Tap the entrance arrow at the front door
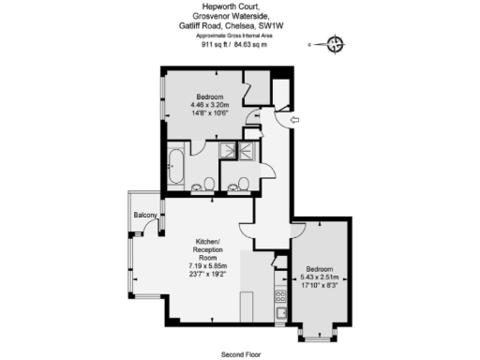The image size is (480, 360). point(293,121)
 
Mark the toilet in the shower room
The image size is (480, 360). point(241,183)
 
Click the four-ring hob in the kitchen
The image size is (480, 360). point(280,299)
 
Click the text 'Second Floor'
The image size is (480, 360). point(241,354)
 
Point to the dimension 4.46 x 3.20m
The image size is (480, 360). point(211,105)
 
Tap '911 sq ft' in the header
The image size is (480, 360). point(218,43)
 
